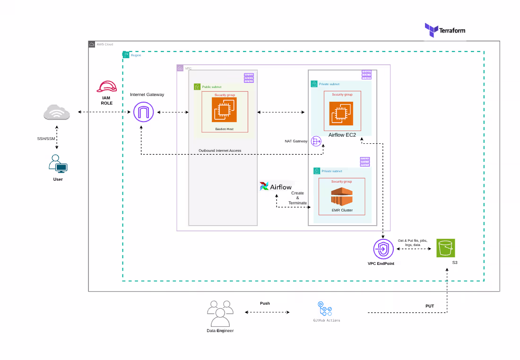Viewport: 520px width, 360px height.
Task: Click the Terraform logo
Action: coord(444,30)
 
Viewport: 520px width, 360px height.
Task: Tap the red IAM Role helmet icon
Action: coord(106,87)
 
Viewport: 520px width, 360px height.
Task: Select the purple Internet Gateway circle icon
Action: coord(144,113)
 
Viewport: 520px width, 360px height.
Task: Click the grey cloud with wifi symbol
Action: coord(57,113)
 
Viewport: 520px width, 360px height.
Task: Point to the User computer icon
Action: coord(58,164)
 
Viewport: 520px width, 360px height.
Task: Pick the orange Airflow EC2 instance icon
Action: coord(342,113)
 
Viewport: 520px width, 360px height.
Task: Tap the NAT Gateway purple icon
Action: coord(316,140)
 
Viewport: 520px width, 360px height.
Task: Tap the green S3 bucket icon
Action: coord(445,247)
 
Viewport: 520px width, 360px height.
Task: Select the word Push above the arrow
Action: coord(265,303)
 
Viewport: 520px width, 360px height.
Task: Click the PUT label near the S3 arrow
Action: coord(429,306)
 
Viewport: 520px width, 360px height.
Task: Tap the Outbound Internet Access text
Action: coord(220,150)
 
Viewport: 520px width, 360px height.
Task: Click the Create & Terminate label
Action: coord(298,198)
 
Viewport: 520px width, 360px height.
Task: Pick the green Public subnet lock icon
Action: coord(197,87)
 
